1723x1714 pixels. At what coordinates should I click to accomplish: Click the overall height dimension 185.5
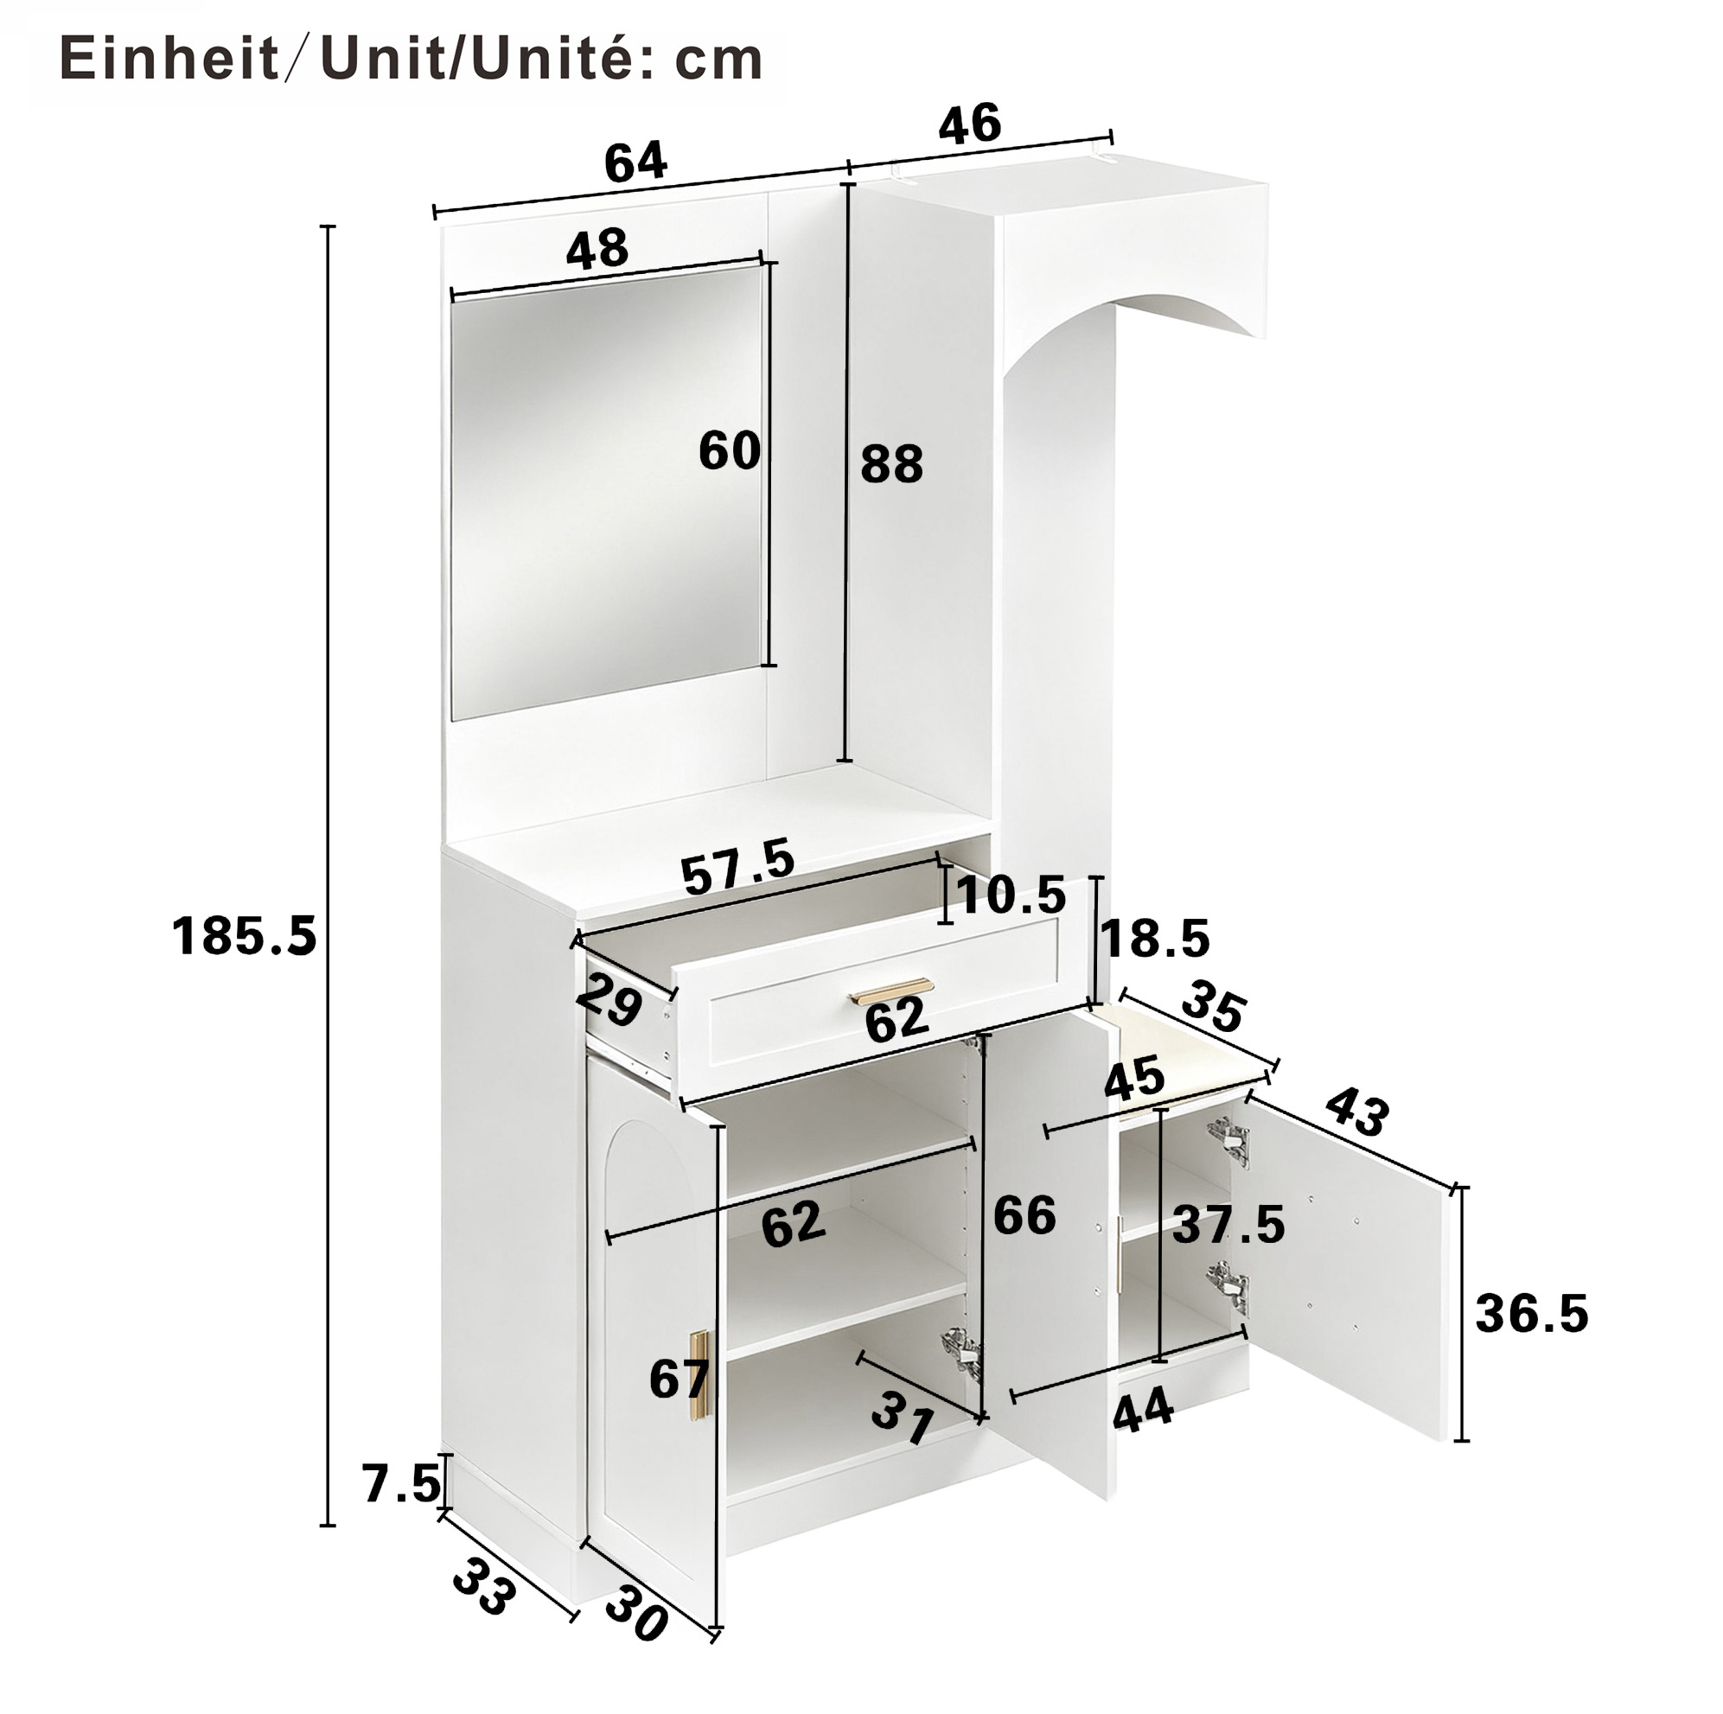tap(244, 936)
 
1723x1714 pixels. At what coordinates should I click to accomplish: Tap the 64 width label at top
tap(635, 162)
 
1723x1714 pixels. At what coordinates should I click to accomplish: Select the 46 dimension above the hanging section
tap(969, 123)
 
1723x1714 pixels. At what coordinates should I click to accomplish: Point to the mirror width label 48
tap(597, 249)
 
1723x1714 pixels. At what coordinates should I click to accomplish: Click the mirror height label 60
tap(729, 450)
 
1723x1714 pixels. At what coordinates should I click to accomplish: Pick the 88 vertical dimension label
tap(891, 465)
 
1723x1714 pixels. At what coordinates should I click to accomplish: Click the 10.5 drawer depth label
tap(1011, 895)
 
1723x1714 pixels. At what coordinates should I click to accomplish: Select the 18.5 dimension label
tap(1155, 938)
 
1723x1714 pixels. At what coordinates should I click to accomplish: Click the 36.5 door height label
tap(1531, 1314)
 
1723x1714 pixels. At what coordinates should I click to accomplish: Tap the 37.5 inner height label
tap(1228, 1225)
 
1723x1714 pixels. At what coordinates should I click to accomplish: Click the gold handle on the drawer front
tap(892, 991)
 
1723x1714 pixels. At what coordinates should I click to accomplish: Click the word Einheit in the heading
tap(169, 60)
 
